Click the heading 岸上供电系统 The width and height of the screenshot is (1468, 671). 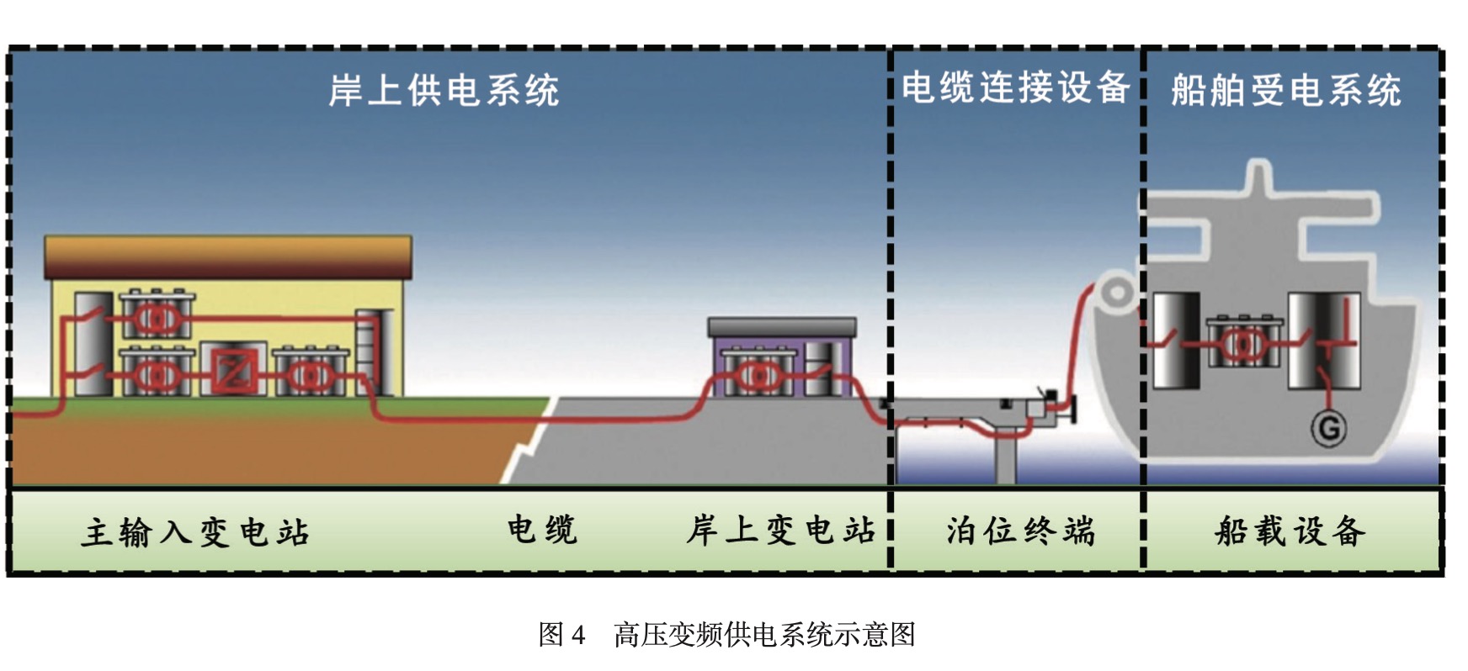point(444,90)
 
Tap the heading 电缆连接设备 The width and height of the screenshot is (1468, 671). point(1015,87)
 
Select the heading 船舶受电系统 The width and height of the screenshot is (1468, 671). point(1285,90)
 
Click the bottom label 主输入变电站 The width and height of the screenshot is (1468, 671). point(195,532)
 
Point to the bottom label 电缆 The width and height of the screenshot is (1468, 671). point(542,530)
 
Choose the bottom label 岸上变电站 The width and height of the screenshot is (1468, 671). point(780,531)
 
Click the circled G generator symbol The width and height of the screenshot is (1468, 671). point(1328,429)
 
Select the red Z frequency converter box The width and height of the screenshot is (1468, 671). point(233,370)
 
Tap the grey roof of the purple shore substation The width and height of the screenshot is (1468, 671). point(782,327)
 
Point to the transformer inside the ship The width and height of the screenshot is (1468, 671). point(1242,342)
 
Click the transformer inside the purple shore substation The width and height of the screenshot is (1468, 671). point(755,374)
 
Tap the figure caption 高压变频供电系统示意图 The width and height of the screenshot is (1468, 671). point(764,634)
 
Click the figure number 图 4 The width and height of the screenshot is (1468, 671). point(561,634)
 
